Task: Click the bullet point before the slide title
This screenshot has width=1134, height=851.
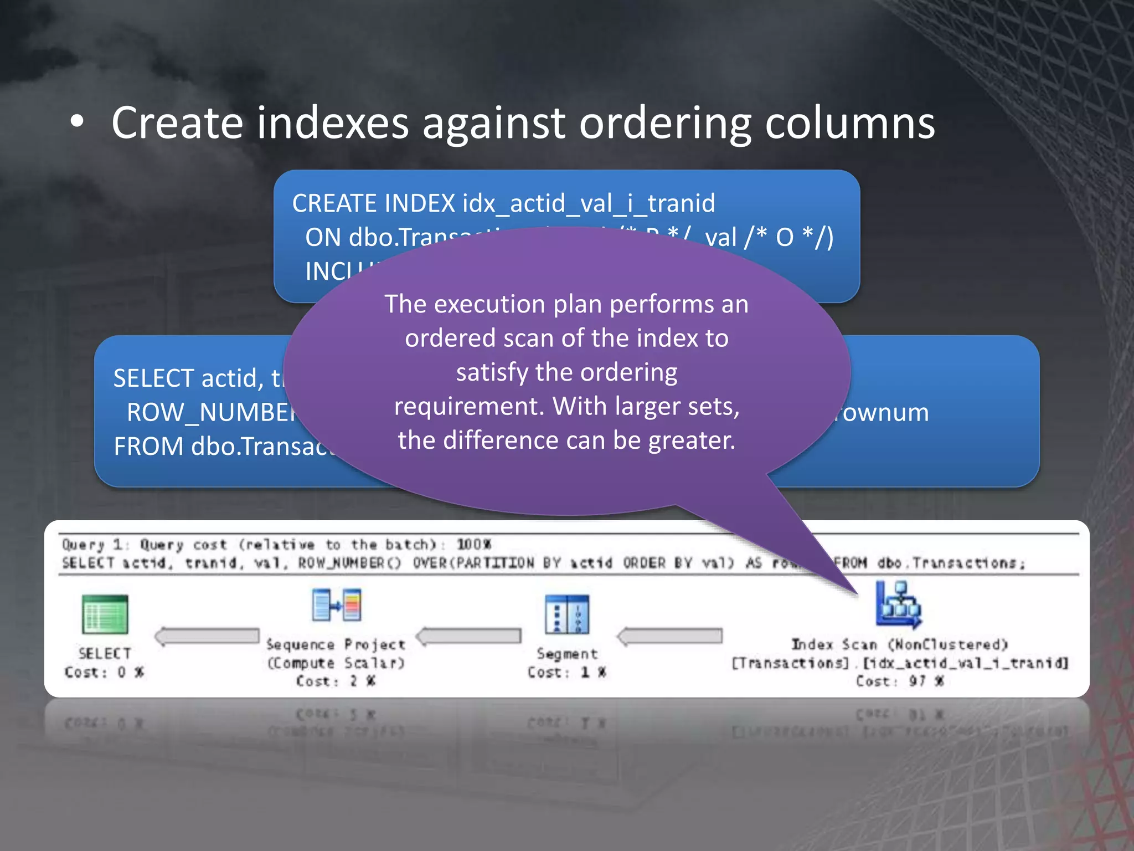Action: point(78,123)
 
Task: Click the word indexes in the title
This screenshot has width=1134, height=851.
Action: point(332,123)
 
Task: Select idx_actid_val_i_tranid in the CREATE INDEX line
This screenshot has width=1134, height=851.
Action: point(589,203)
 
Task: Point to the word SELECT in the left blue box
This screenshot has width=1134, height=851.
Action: point(153,378)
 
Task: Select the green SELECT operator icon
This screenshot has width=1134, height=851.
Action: point(105,614)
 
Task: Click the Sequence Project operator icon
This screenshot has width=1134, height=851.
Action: point(337,605)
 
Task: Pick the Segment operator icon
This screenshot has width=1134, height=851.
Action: point(566,614)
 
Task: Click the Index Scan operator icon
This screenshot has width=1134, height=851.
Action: point(898,605)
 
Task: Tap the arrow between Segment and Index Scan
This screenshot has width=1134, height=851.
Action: point(670,636)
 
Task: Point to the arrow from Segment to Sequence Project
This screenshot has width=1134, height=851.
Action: point(469,636)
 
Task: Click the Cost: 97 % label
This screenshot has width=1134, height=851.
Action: point(899,681)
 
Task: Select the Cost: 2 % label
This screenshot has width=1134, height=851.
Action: point(336,681)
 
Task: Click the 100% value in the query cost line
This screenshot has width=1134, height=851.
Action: point(473,544)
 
